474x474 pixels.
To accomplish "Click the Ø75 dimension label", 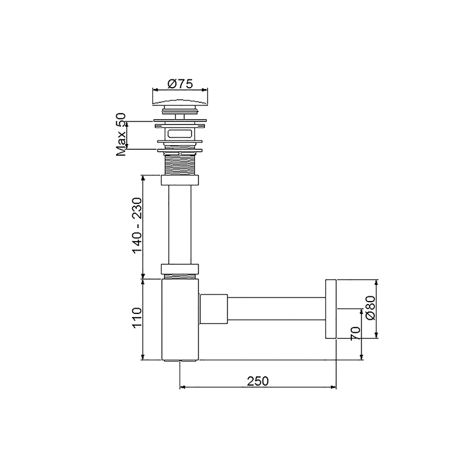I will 181,84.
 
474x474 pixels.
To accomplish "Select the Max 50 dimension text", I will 121,135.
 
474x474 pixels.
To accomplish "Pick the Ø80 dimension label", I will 371,308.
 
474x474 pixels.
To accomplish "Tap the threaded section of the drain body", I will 181,164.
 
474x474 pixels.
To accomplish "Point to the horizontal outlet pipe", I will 276,309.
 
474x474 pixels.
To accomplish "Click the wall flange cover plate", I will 330,309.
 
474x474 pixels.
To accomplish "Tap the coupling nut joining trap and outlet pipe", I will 214,309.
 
